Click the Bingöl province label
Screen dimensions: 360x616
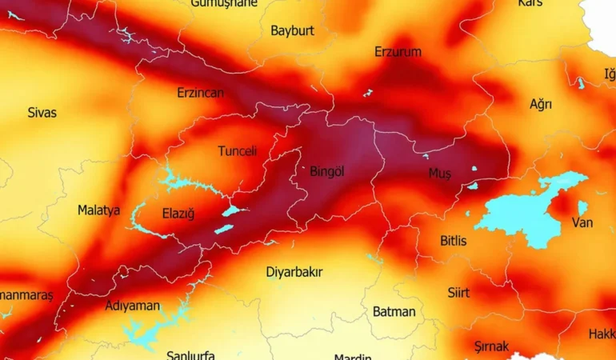[x=326, y=172]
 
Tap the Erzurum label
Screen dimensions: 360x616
[x=398, y=52]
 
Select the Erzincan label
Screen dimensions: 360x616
[x=200, y=93]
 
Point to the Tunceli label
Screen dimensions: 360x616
[x=238, y=151]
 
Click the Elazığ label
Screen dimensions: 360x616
[x=178, y=214]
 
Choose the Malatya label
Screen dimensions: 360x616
[x=98, y=210]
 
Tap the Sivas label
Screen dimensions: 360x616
[x=42, y=113]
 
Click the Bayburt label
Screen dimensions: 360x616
[x=292, y=31]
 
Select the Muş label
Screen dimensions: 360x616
[x=440, y=174]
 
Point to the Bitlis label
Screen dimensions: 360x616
[x=454, y=241]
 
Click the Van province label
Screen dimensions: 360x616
[x=582, y=223]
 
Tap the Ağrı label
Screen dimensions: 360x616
[x=541, y=105]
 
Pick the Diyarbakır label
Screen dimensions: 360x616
[x=294, y=272]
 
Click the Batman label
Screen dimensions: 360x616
[x=394, y=312]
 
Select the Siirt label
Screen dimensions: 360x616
[x=458, y=293]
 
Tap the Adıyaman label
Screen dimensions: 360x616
[x=133, y=306]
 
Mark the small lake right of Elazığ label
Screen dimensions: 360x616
[x=231, y=210]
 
